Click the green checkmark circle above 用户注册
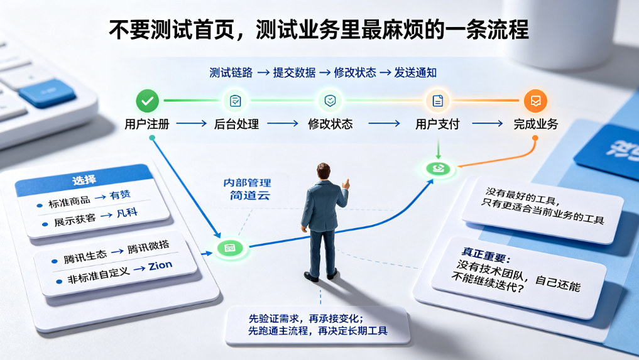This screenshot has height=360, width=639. point(148,101)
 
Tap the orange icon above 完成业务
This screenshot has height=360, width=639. point(535,101)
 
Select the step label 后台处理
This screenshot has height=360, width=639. point(236,124)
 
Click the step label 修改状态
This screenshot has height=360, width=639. point(330,124)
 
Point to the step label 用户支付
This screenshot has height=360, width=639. point(438,124)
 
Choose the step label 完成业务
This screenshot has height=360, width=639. point(536,124)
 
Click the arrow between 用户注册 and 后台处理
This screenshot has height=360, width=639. point(192,124)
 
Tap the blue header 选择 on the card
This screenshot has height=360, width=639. point(84,180)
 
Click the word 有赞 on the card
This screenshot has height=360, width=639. point(120,195)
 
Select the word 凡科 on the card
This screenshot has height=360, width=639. point(127,213)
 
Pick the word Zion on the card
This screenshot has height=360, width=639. point(160,266)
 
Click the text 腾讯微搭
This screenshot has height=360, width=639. point(148,247)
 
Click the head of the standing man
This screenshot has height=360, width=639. point(323,172)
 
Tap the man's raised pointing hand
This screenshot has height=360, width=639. point(346,184)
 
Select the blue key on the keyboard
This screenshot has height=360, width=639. point(47,94)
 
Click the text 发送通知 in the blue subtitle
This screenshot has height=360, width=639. point(415,73)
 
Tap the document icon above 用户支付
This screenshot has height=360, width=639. point(438,101)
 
